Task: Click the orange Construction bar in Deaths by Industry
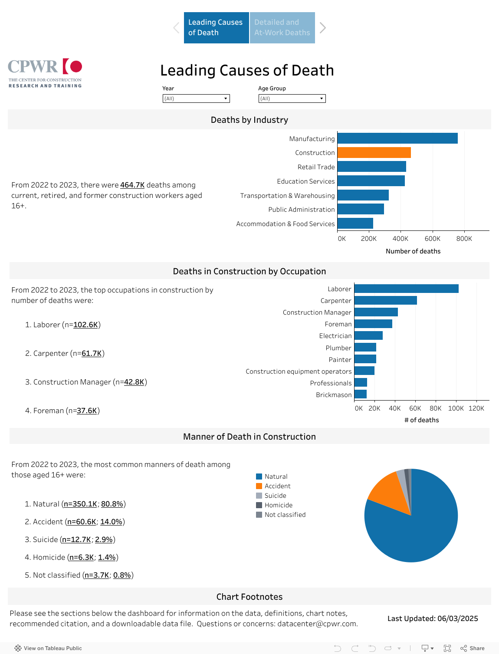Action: [374, 153]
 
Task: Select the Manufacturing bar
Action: [397, 138]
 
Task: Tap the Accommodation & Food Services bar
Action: [355, 223]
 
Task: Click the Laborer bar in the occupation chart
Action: [407, 289]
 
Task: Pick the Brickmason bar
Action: [361, 394]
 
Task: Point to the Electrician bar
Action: [368, 335]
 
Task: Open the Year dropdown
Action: [196, 99]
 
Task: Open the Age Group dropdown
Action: [292, 99]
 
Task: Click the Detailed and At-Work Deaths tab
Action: [282, 28]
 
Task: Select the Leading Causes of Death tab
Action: [216, 28]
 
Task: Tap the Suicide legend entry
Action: [275, 496]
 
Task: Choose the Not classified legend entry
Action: [285, 515]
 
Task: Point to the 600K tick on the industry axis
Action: [432, 239]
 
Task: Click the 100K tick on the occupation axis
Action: [456, 408]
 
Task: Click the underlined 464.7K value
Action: [132, 185]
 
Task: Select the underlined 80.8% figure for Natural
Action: [112, 504]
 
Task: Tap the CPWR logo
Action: [45, 73]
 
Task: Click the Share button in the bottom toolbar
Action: [473, 648]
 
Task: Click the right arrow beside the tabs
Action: [323, 28]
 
